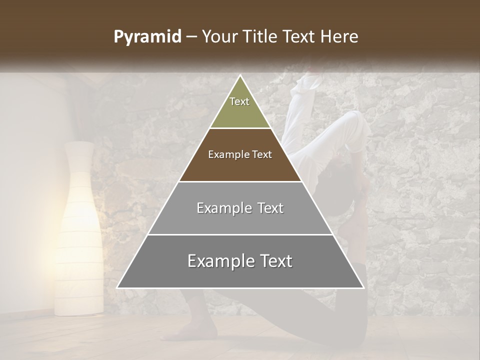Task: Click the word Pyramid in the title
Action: (147, 37)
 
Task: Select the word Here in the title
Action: (340, 36)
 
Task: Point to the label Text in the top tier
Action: (239, 101)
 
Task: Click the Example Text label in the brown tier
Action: (240, 154)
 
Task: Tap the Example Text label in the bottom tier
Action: (240, 261)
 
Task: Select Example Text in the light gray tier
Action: (240, 208)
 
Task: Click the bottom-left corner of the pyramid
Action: (117, 287)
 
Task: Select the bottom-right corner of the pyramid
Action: (363, 287)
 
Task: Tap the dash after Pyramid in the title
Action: (191, 37)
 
